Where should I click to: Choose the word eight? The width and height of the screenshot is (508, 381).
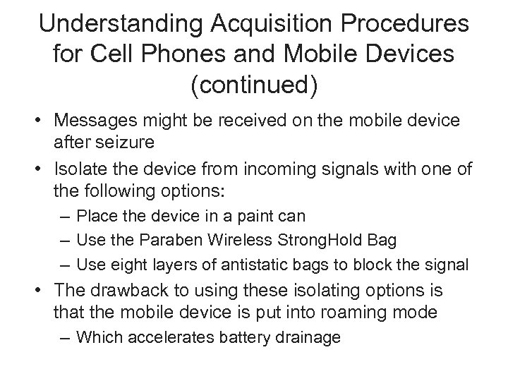click(x=121, y=265)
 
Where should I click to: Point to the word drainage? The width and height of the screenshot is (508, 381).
click(x=308, y=338)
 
